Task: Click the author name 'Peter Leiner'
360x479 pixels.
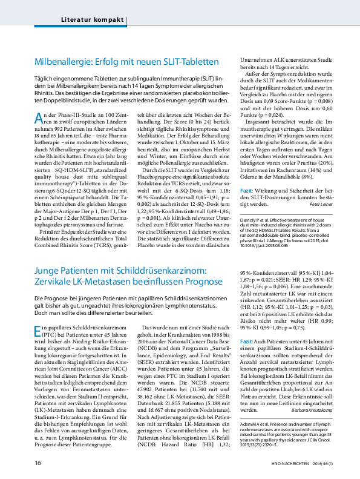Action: [x=321, y=205]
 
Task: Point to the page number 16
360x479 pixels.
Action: [x=38, y=464]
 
